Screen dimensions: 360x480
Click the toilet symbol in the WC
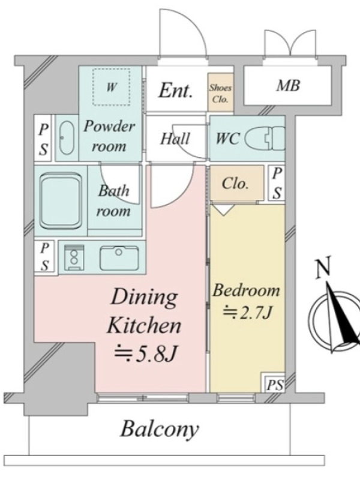click(x=265, y=138)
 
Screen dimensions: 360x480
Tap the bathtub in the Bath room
click(x=61, y=201)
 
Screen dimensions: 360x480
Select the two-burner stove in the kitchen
click(x=74, y=257)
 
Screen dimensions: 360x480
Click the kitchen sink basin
click(x=119, y=258)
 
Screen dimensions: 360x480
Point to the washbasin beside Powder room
click(x=67, y=138)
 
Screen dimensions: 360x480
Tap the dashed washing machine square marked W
click(x=111, y=86)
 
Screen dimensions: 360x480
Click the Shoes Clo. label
click(x=220, y=93)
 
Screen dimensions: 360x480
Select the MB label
click(x=288, y=86)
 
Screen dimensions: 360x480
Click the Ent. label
click(x=175, y=91)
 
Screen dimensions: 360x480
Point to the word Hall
click(x=175, y=139)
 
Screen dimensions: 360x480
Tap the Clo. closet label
click(x=235, y=184)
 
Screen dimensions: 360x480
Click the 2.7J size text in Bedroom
click(x=247, y=313)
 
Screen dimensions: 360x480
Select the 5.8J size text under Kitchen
click(x=146, y=353)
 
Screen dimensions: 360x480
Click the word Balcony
click(x=160, y=429)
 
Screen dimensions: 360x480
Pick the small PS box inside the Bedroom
click(x=274, y=382)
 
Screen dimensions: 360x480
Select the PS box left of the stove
click(x=44, y=257)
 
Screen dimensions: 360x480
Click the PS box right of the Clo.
click(x=277, y=183)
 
